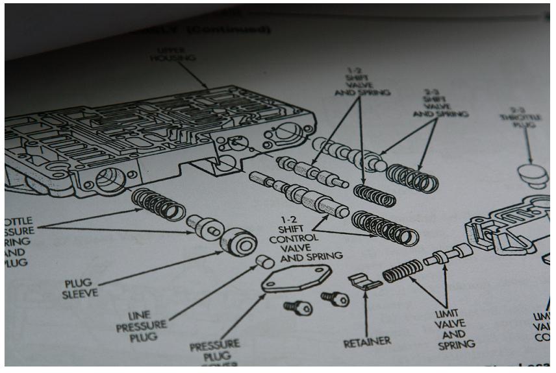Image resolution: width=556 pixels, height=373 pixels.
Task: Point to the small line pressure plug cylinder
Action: (x=263, y=262)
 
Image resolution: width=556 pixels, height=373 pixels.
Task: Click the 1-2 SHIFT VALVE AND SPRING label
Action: (x=362, y=83)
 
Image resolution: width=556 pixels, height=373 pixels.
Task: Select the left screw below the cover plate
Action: (x=299, y=307)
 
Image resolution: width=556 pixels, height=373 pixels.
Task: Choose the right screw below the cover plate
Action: (x=336, y=298)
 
